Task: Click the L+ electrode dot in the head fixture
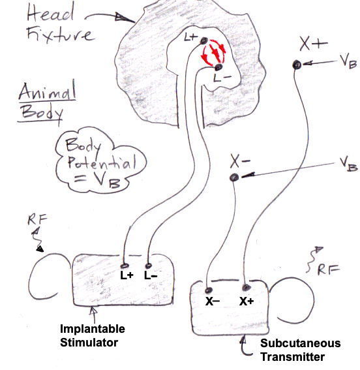(203, 41)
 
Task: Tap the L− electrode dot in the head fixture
(218, 67)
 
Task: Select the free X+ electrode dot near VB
(296, 65)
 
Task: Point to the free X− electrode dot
(234, 177)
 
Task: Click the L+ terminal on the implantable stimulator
(125, 266)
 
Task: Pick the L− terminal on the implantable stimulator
(148, 266)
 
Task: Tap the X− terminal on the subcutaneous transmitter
(209, 290)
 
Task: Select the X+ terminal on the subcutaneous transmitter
(246, 287)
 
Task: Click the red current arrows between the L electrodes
(213, 53)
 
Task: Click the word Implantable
(93, 329)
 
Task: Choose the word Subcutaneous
(301, 343)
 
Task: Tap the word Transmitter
(293, 356)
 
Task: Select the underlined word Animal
(47, 91)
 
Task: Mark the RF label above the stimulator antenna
(37, 219)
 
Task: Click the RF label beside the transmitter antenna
(329, 270)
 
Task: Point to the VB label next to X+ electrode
(348, 61)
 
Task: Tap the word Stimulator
(89, 343)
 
